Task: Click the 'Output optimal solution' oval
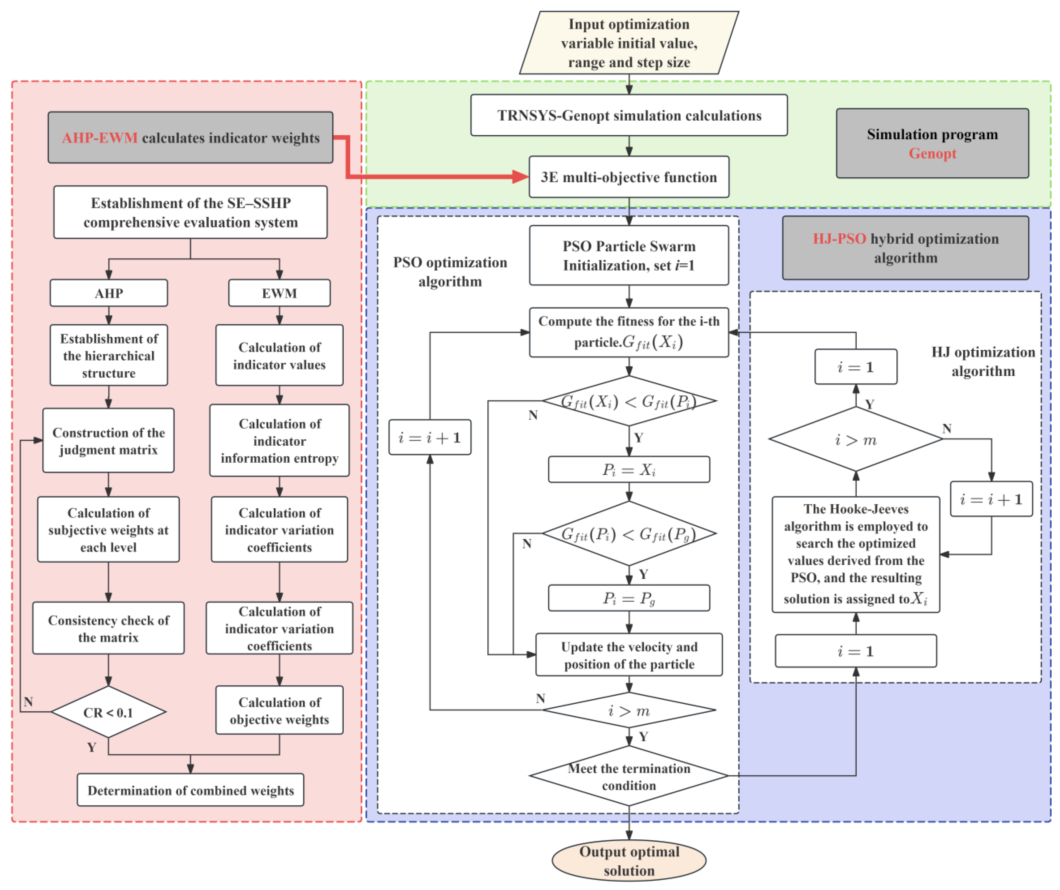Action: (x=629, y=861)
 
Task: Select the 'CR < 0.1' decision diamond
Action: (x=108, y=712)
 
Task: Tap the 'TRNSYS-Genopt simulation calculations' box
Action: (x=629, y=115)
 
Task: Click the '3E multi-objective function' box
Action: (x=629, y=177)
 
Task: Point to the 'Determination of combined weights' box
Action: (x=190, y=790)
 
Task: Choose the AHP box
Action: (x=108, y=293)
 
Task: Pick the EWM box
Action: (x=279, y=293)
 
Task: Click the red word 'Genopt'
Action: (x=932, y=153)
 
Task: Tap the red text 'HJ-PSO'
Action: (x=839, y=239)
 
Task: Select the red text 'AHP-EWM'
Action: (x=100, y=138)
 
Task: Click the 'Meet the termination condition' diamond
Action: (x=629, y=776)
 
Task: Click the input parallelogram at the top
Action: (x=629, y=43)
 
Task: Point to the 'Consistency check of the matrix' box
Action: (x=108, y=628)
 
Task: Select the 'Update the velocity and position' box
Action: (x=629, y=655)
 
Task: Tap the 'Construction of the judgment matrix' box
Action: (x=108, y=441)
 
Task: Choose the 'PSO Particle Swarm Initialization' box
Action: (x=629, y=255)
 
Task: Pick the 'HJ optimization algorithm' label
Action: (x=983, y=361)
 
